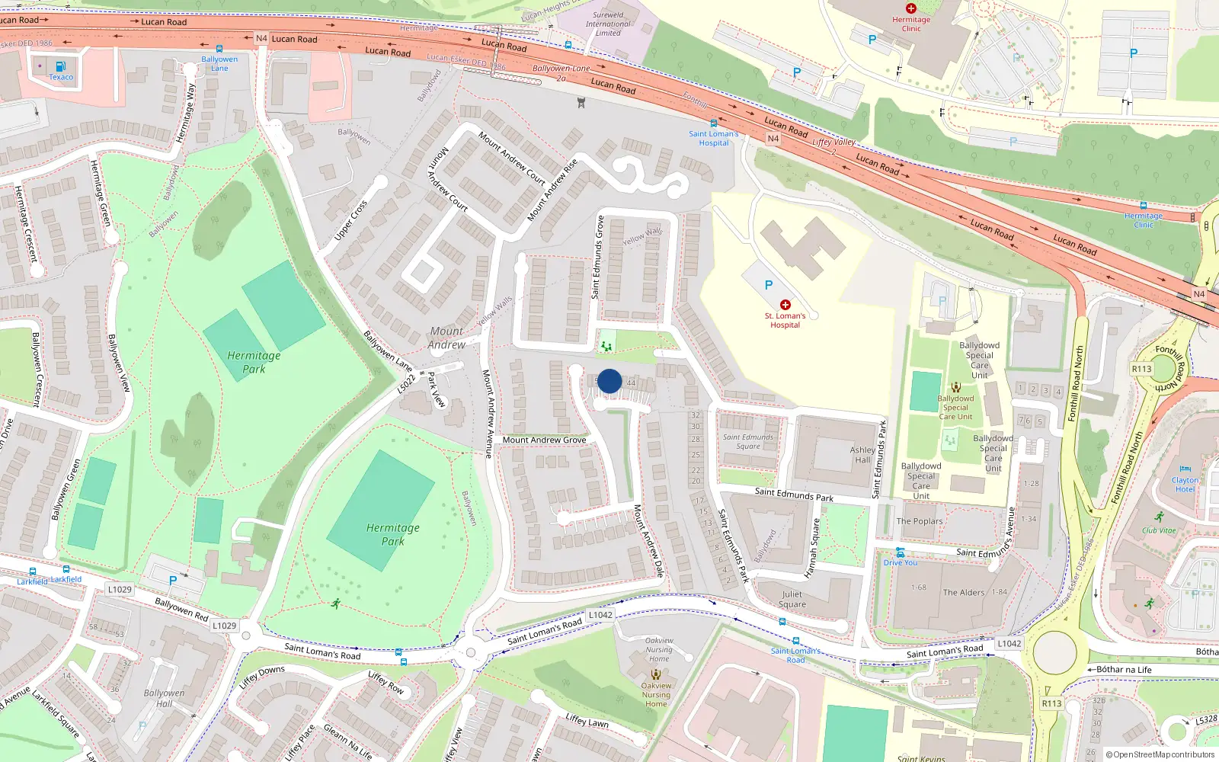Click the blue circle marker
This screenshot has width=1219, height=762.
click(x=609, y=381)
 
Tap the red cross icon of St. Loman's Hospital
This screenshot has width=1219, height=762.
click(x=785, y=305)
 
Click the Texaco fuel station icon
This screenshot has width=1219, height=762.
click(x=60, y=66)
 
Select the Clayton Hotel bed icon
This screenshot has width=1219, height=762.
click(x=1185, y=469)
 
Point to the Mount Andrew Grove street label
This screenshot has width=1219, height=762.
click(x=544, y=440)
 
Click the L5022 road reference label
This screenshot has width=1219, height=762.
click(x=407, y=383)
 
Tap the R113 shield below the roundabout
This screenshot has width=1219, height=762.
click(x=1051, y=703)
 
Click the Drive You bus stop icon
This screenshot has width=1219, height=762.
click(x=901, y=552)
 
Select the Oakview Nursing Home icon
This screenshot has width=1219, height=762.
click(x=656, y=674)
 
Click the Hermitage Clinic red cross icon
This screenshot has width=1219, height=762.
click(x=911, y=8)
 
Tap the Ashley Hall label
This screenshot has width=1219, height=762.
click(x=862, y=455)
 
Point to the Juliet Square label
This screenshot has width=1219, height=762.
click(x=792, y=599)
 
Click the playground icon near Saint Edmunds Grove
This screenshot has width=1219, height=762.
click(x=606, y=347)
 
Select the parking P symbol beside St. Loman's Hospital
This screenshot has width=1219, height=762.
click(x=769, y=285)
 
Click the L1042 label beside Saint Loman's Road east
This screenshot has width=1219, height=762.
click(x=1009, y=643)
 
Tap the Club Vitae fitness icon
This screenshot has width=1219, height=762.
click(x=1159, y=517)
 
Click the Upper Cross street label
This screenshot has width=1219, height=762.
click(x=350, y=221)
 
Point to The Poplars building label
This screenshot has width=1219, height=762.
click(x=920, y=521)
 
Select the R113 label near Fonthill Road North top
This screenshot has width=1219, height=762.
click(x=1141, y=369)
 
